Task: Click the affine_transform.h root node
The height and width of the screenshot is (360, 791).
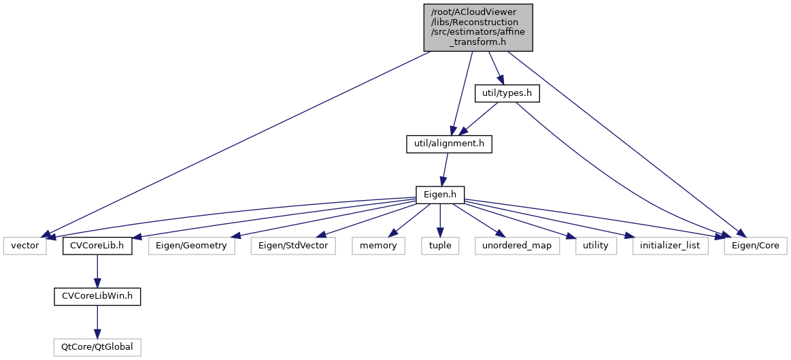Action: (478, 27)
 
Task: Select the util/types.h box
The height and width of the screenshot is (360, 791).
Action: (506, 93)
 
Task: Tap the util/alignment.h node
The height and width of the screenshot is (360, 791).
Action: (448, 144)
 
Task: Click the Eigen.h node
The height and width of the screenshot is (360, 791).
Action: (440, 195)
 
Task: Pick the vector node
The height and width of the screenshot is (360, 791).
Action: (25, 245)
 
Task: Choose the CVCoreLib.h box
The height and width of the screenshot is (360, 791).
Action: (97, 245)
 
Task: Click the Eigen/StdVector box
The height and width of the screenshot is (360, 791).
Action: (294, 245)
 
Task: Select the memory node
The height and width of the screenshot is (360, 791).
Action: (378, 245)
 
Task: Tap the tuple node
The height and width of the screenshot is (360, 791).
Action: (440, 245)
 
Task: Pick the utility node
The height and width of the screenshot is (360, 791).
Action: (595, 245)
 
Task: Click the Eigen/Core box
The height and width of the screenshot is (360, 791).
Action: (755, 245)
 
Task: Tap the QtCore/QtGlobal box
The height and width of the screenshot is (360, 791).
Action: (97, 347)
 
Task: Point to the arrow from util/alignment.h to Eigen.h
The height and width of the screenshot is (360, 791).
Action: (444, 169)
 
